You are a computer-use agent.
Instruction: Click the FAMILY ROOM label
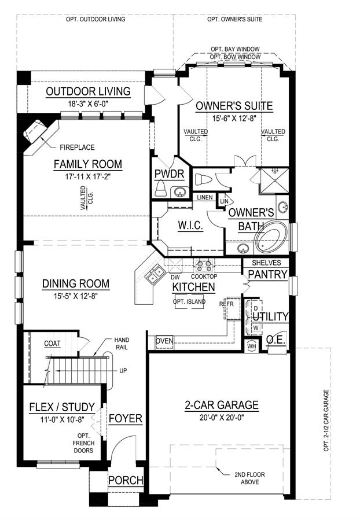(87, 164)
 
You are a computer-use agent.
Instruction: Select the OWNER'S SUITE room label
(234, 106)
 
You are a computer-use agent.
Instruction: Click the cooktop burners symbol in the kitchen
(204, 265)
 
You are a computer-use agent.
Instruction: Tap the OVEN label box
(164, 342)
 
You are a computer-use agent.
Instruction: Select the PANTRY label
(267, 274)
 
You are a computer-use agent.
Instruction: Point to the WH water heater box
(251, 346)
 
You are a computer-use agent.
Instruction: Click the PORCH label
(126, 481)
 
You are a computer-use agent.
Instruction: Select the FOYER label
(126, 418)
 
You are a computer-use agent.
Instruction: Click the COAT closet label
(52, 344)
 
